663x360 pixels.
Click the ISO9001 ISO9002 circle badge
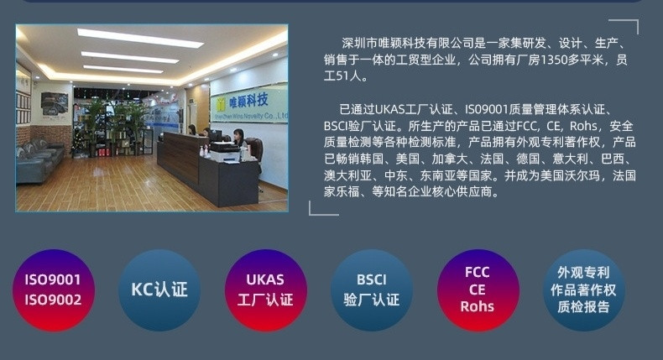coord(53,290)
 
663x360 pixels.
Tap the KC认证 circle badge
coord(159,290)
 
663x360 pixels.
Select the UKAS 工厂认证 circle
coord(265,290)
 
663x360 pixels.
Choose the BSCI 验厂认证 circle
coord(372,290)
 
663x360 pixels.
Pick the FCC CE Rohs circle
coord(478,290)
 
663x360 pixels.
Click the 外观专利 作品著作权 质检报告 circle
coord(583,290)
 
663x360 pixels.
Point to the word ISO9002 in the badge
coord(53,300)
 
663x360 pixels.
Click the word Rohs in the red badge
coord(478,306)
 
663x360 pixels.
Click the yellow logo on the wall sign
coord(221,105)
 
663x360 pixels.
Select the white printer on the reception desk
coord(225,152)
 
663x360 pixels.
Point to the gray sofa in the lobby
coord(38,161)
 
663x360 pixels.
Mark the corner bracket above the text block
coord(631,21)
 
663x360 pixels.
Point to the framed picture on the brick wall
coord(54,104)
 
